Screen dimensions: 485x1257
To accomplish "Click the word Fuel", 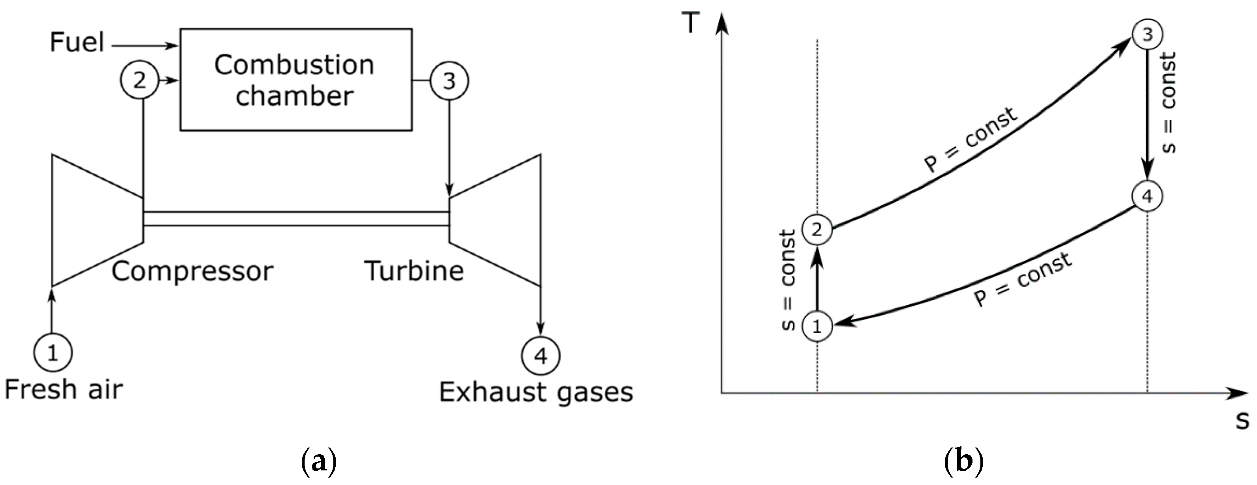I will pos(77,43).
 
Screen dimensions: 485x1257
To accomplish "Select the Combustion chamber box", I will pos(296,80).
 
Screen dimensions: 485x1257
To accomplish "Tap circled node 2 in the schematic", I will pos(139,80).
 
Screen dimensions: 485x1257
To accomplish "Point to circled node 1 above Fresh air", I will pos(53,352).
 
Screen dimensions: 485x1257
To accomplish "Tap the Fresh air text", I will pos(63,390).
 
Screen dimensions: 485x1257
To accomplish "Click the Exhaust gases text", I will pos(536,392).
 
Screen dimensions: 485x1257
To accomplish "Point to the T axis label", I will pos(690,23).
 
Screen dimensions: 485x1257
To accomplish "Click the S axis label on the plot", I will pos(1242,420).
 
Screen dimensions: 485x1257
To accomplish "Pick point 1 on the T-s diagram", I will pos(817,326).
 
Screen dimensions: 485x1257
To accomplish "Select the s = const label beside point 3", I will pos(1168,103).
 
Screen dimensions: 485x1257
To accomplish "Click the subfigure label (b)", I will pos(964,461).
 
